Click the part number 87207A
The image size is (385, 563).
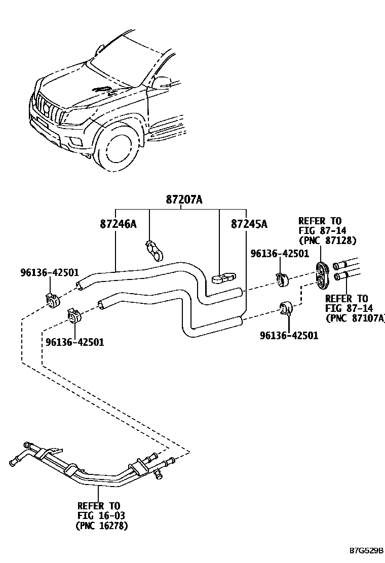click(184, 200)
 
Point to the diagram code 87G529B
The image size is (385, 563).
click(365, 550)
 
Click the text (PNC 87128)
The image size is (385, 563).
click(327, 240)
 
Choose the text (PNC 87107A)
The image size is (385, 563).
click(355, 317)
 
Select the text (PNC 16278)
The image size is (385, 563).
click(101, 526)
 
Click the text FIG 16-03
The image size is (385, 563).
click(101, 515)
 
